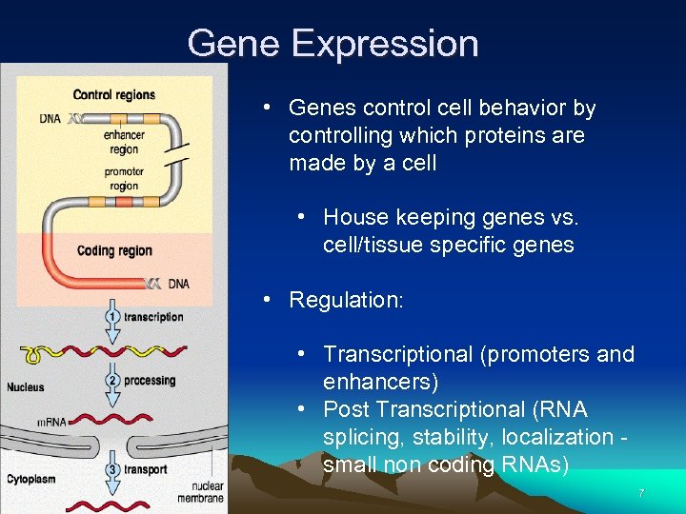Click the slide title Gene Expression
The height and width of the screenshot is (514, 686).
[333, 44]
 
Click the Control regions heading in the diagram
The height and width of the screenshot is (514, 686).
[114, 94]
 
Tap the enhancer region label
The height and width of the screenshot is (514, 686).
[124, 143]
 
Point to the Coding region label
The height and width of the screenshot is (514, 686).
[114, 250]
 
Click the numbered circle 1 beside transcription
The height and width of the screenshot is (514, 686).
[113, 316]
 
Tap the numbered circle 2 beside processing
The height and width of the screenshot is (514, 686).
[113, 381]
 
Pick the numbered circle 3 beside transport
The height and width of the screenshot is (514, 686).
[113, 468]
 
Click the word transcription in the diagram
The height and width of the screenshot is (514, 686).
[153, 317]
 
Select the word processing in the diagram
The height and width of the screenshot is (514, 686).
[150, 381]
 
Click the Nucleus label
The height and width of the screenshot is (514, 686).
[26, 387]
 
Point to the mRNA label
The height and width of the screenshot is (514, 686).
[50, 422]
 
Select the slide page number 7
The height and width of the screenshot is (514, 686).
[641, 494]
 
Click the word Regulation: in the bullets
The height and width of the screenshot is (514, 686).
[346, 300]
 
